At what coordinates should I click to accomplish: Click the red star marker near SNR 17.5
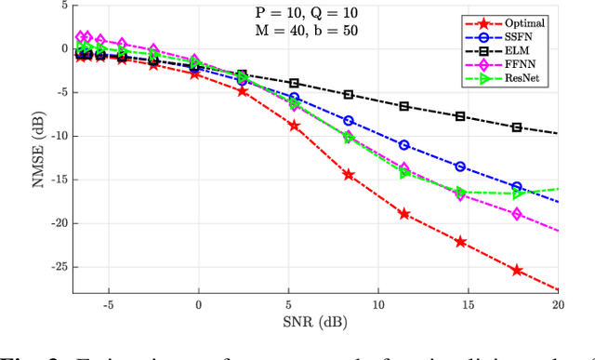518,271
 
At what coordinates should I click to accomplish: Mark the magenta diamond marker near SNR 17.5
518,215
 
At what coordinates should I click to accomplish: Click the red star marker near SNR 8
349,175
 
